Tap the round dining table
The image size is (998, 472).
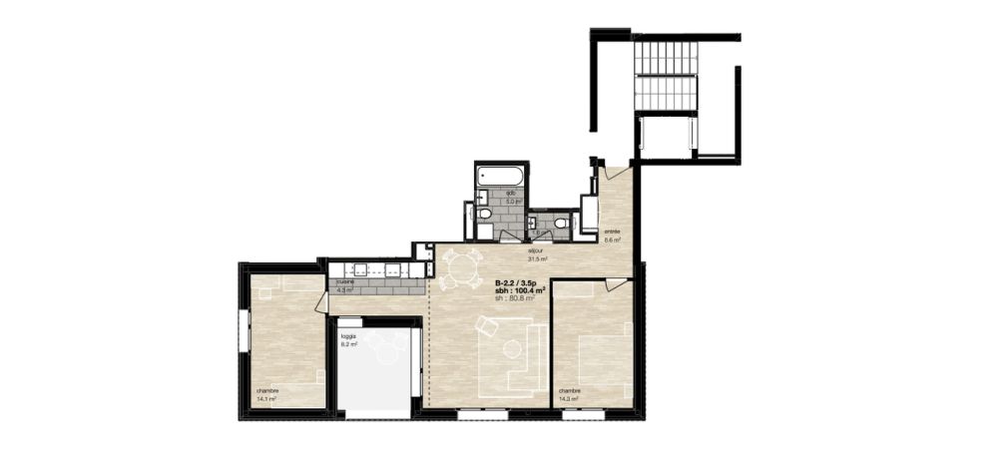(458, 267)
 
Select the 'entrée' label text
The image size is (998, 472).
(612, 231)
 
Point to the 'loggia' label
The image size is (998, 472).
(348, 336)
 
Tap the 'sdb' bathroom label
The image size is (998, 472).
(511, 193)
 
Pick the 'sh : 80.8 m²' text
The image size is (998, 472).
(515, 298)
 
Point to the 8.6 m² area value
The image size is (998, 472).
(613, 239)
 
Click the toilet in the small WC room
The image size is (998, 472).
(563, 223)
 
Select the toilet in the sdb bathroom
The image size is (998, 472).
(483, 214)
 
